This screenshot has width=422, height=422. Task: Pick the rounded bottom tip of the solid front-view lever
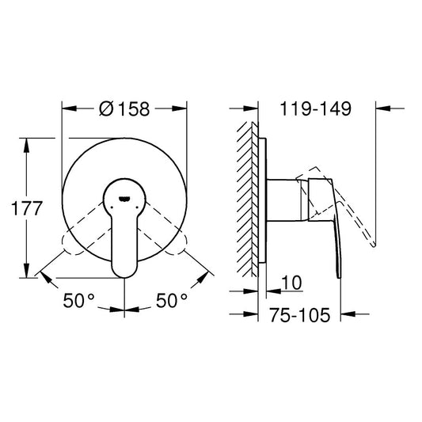(x=124, y=271)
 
